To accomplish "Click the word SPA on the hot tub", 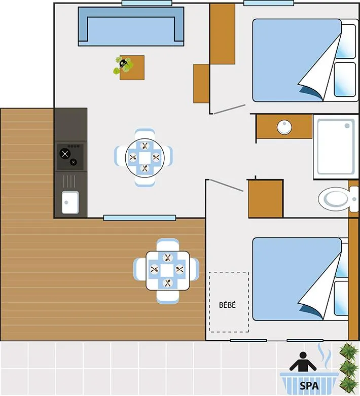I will tap(309, 386).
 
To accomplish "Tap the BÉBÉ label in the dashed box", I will tap(228, 305).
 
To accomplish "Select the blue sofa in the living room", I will tap(131, 26).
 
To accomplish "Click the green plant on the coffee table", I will tap(123, 64).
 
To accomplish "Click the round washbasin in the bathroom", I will tap(284, 127).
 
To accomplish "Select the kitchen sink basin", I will tap(70, 202).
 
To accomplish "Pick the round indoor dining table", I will tap(145, 157).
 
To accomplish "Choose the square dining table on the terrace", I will tap(168, 271).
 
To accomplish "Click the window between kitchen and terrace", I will tap(139, 218).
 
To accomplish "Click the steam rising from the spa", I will tap(323, 355).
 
